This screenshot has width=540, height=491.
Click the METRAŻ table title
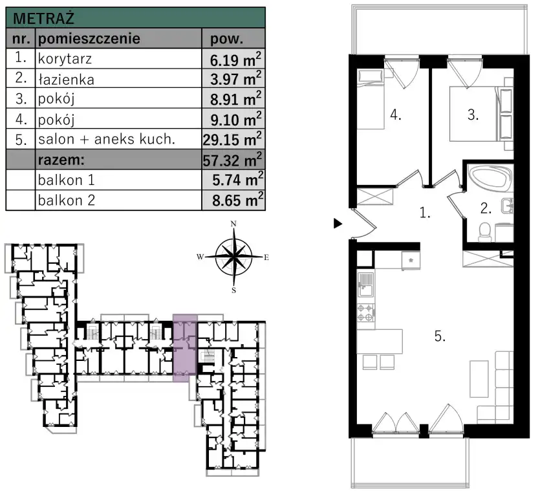click(x=43, y=18)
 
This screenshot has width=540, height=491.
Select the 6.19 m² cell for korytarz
click(x=235, y=59)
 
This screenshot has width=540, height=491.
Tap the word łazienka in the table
click(x=66, y=80)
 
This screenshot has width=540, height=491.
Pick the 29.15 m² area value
click(x=232, y=139)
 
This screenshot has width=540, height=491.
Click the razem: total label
click(x=61, y=160)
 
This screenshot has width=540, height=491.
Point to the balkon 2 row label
click(x=67, y=200)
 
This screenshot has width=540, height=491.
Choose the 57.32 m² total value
click(x=232, y=160)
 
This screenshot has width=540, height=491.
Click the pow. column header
click(x=226, y=39)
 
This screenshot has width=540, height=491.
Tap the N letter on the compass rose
click(x=233, y=224)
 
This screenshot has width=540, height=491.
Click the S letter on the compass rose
click(x=234, y=290)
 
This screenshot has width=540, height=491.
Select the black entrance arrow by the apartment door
click(x=338, y=224)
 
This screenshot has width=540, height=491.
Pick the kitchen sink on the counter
click(x=366, y=284)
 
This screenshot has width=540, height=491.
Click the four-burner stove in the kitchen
click(x=366, y=312)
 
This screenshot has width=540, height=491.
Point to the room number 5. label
click(x=440, y=336)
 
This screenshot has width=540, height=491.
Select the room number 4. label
click(x=396, y=115)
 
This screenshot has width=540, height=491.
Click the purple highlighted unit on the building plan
click(x=185, y=348)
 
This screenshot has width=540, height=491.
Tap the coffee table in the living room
click(x=479, y=379)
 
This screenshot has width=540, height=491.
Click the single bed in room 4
click(x=371, y=99)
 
